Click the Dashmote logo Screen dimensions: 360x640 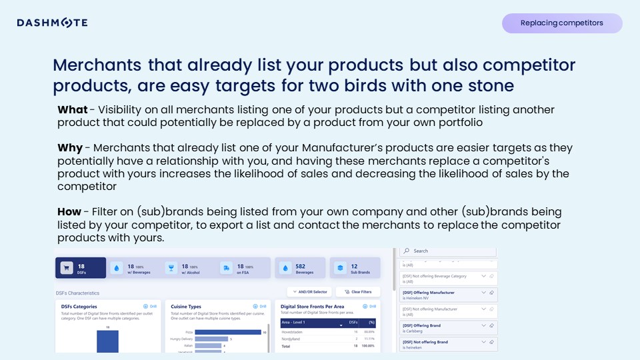click(x=52, y=23)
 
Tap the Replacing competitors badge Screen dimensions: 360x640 click(x=561, y=23)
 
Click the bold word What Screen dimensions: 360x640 click(x=72, y=110)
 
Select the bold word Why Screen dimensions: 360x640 click(x=70, y=148)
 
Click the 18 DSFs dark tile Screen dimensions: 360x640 click(x=80, y=268)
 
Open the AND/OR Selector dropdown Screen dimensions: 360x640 click(x=309, y=292)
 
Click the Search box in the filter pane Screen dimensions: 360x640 click(x=448, y=251)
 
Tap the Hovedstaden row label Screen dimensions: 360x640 click(x=293, y=331)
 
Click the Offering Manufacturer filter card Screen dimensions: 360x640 click(x=448, y=295)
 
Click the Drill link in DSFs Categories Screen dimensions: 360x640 click(x=150, y=307)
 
